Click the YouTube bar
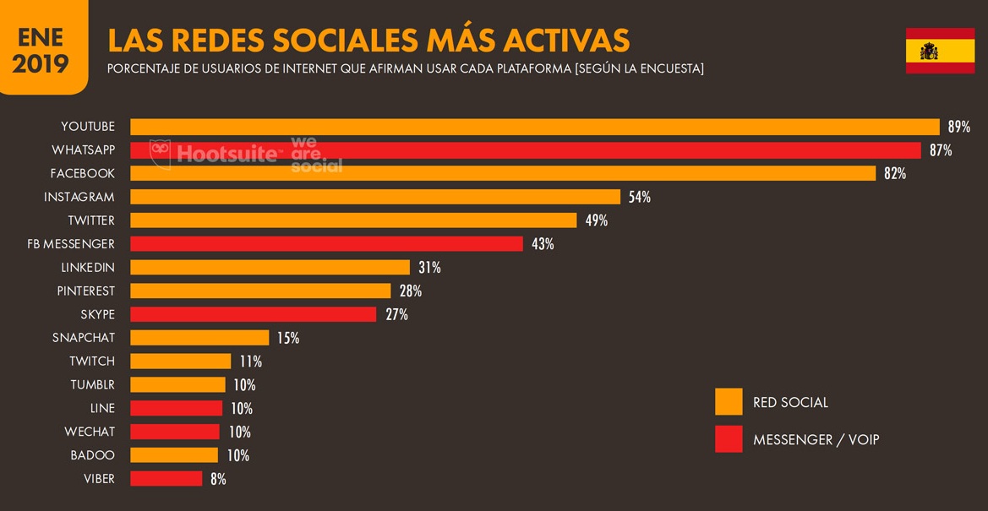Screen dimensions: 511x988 click(534, 127)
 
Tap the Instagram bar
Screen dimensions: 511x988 click(375, 197)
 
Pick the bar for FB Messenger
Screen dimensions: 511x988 click(326, 244)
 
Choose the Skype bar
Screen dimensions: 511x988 click(254, 314)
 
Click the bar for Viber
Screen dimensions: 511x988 click(166, 479)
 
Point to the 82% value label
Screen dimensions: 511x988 click(895, 174)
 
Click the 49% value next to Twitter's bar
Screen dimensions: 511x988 click(596, 220)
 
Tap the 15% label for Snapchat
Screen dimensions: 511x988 click(287, 338)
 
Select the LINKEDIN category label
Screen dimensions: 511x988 click(88, 268)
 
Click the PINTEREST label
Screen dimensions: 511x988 click(86, 291)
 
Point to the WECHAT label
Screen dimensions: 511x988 click(90, 432)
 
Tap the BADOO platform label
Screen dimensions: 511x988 click(93, 455)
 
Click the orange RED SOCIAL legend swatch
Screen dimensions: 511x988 click(729, 402)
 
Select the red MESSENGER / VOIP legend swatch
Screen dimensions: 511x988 click(729, 439)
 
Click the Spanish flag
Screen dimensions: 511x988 click(940, 51)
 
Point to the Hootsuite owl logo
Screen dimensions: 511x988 click(161, 154)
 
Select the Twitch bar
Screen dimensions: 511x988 click(181, 362)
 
